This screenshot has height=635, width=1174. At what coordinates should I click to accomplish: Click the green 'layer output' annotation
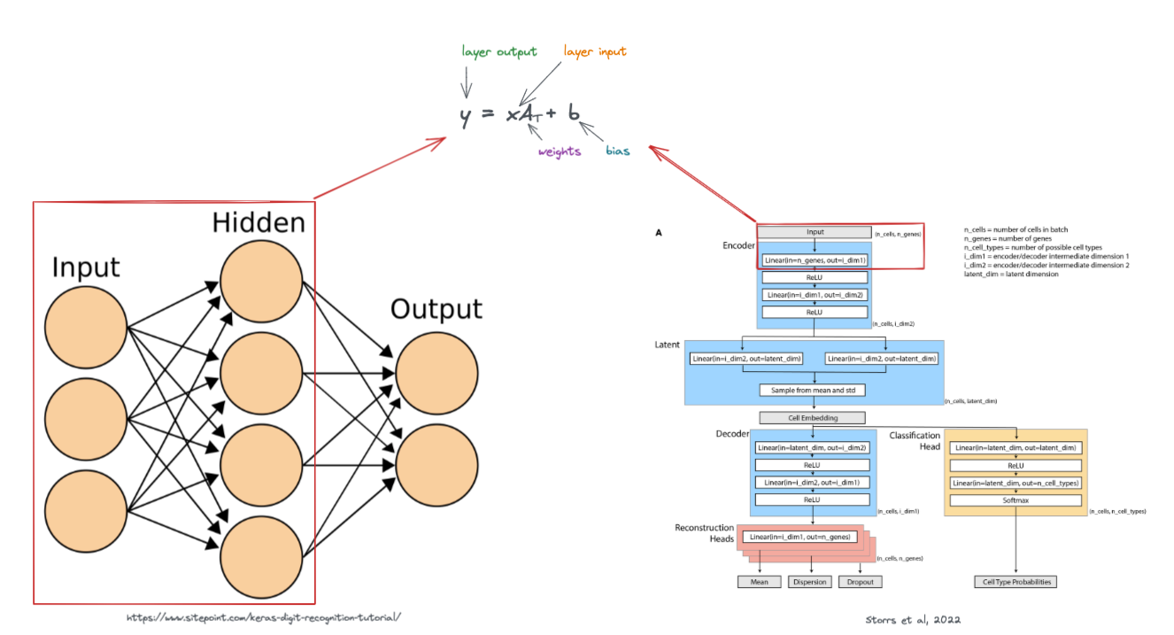pyautogui.click(x=499, y=51)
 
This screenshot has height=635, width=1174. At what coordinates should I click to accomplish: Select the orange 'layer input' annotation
pyautogui.click(x=595, y=51)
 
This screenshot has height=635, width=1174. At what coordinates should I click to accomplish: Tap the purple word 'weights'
pyautogui.click(x=560, y=151)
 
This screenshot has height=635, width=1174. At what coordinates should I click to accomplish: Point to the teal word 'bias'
pyautogui.click(x=618, y=151)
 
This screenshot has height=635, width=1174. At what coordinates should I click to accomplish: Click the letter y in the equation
pyautogui.click(x=466, y=115)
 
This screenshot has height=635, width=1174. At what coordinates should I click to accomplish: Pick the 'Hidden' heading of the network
pyautogui.click(x=259, y=222)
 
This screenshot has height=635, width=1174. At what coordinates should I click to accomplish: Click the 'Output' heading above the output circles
pyautogui.click(x=436, y=309)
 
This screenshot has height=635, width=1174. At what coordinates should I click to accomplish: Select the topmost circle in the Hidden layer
pyautogui.click(x=262, y=283)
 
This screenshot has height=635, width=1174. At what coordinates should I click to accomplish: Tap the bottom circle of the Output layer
pyautogui.click(x=437, y=470)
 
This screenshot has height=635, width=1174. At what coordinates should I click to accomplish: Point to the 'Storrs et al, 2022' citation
pyautogui.click(x=913, y=619)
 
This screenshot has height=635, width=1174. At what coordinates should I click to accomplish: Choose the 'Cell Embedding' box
pyautogui.click(x=812, y=418)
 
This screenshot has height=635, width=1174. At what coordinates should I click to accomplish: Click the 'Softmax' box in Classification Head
pyautogui.click(x=1016, y=499)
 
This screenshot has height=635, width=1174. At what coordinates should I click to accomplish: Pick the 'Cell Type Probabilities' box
pyautogui.click(x=1016, y=582)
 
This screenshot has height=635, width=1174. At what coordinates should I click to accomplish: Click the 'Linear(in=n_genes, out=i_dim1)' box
pyautogui.click(x=815, y=260)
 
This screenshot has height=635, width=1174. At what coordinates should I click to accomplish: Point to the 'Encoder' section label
pyautogui.click(x=738, y=244)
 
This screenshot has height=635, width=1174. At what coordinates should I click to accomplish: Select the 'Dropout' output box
pyautogui.click(x=861, y=582)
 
